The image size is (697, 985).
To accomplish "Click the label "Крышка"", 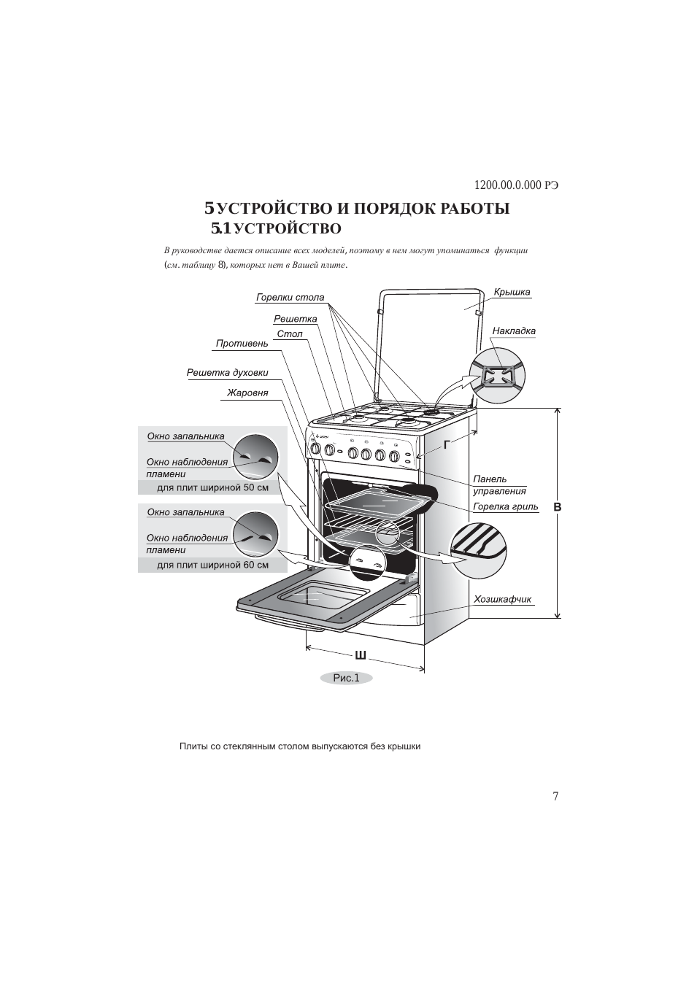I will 512,293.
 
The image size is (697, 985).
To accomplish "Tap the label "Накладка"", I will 514,331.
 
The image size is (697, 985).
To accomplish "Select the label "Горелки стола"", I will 290,298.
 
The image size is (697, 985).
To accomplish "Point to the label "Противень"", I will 242,344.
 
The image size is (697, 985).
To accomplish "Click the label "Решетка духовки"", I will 227,373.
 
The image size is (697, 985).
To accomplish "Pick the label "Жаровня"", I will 247,393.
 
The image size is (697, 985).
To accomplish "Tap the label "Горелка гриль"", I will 505,507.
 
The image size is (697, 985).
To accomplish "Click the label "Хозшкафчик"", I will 502,600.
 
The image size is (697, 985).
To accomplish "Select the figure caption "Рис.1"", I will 346,678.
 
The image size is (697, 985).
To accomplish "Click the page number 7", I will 555,796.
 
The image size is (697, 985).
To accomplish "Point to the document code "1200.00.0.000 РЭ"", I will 516,185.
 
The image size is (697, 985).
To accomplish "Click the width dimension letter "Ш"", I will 360,654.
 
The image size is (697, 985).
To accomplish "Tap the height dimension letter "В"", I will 557,506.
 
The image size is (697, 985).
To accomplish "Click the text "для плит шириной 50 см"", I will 212,487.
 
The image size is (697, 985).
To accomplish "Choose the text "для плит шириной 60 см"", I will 212,565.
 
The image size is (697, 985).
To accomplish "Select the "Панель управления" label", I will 499,485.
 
